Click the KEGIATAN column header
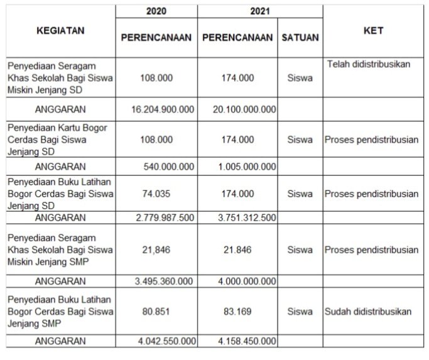pyautogui.click(x=61, y=30)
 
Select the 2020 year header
pyautogui.click(x=156, y=12)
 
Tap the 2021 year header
pyautogui.click(x=238, y=12)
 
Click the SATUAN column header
pyautogui.click(x=300, y=38)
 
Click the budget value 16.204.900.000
pyautogui.click(x=163, y=109)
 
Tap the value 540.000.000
pyautogui.click(x=170, y=166)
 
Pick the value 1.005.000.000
pyautogui.click(x=249, y=166)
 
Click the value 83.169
pyautogui.click(x=238, y=311)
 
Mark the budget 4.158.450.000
pyautogui.click(x=246, y=341)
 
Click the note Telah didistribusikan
pyautogui.click(x=369, y=65)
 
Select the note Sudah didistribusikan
pyautogui.click(x=369, y=311)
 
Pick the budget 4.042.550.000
pyautogui.click(x=166, y=341)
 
